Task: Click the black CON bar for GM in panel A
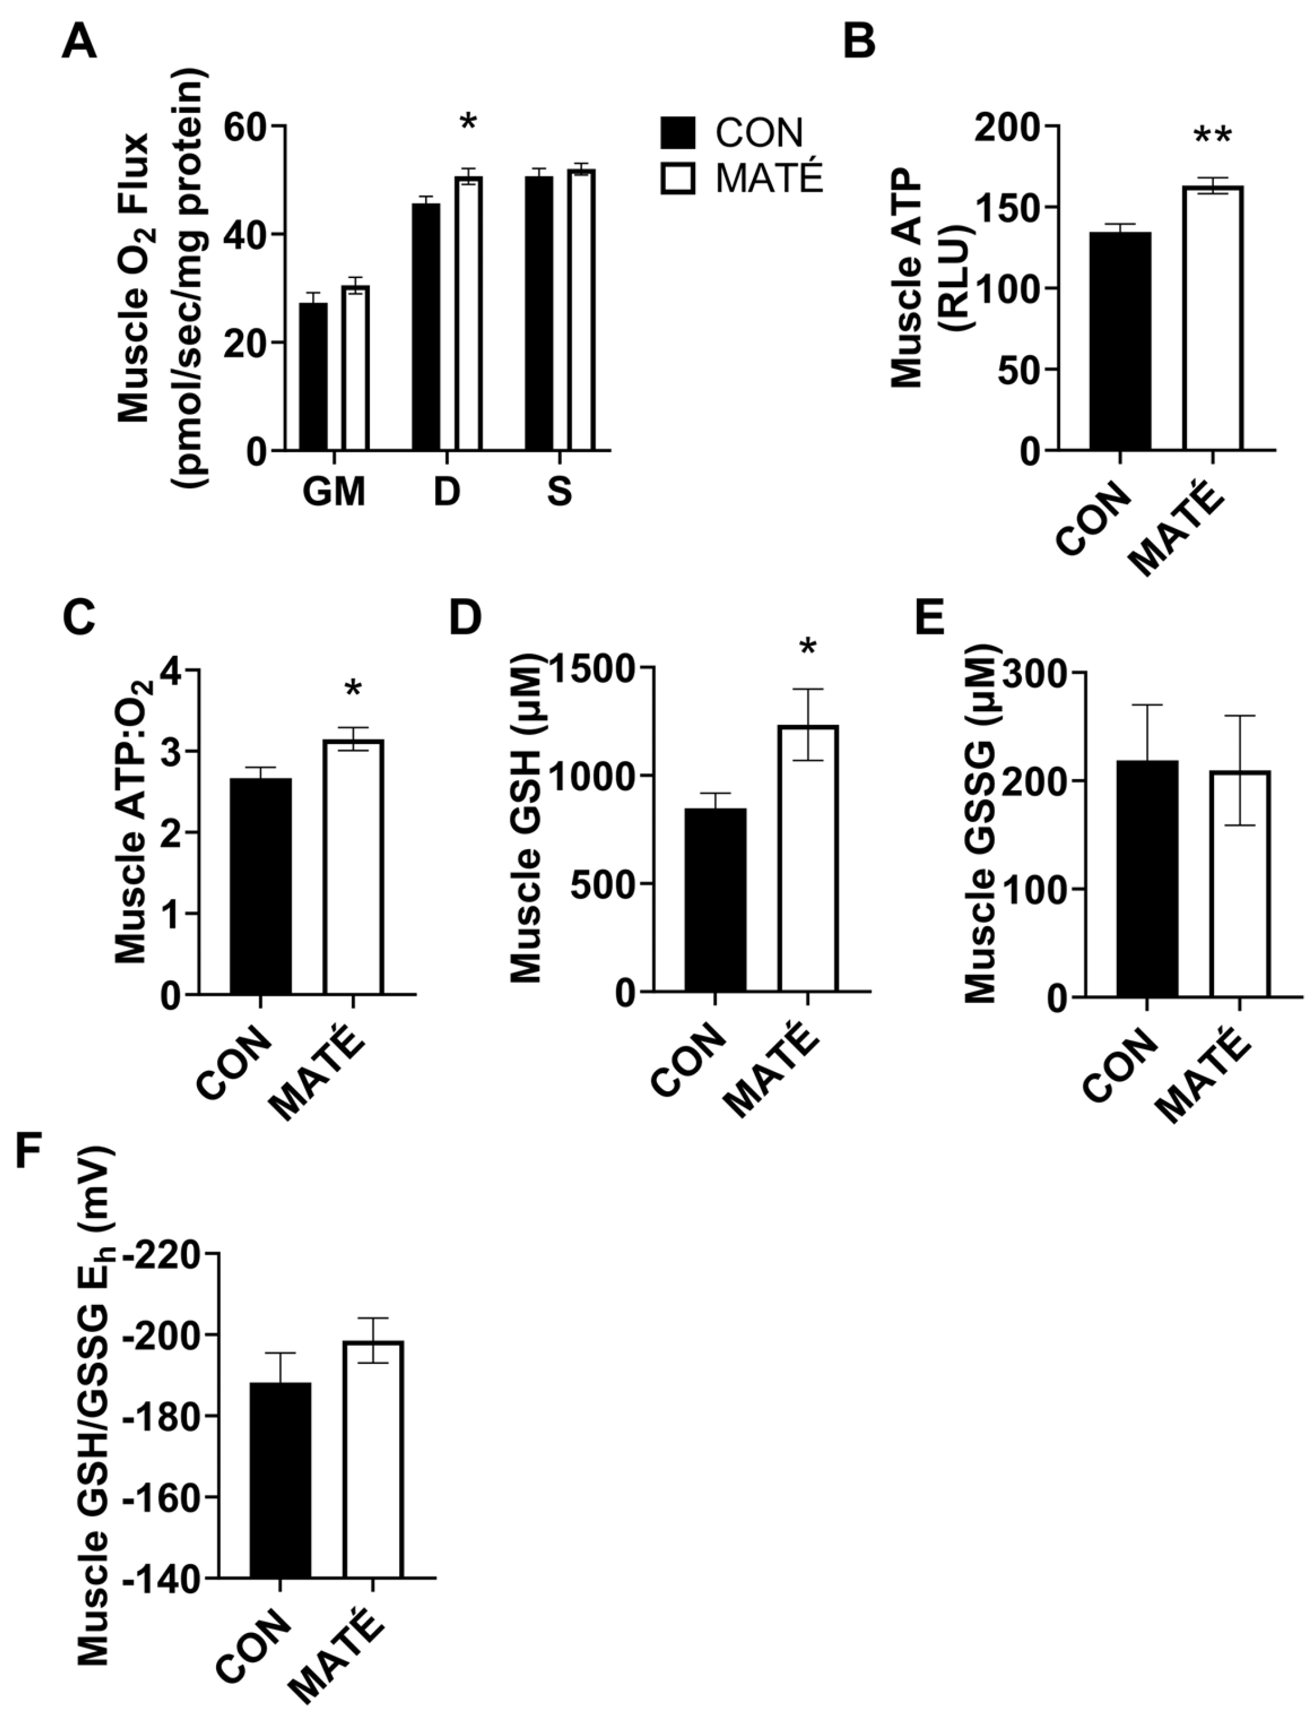313,376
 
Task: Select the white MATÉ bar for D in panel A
469,313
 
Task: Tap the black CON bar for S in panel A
539,313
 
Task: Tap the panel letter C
78,619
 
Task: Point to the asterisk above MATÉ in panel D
807,648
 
